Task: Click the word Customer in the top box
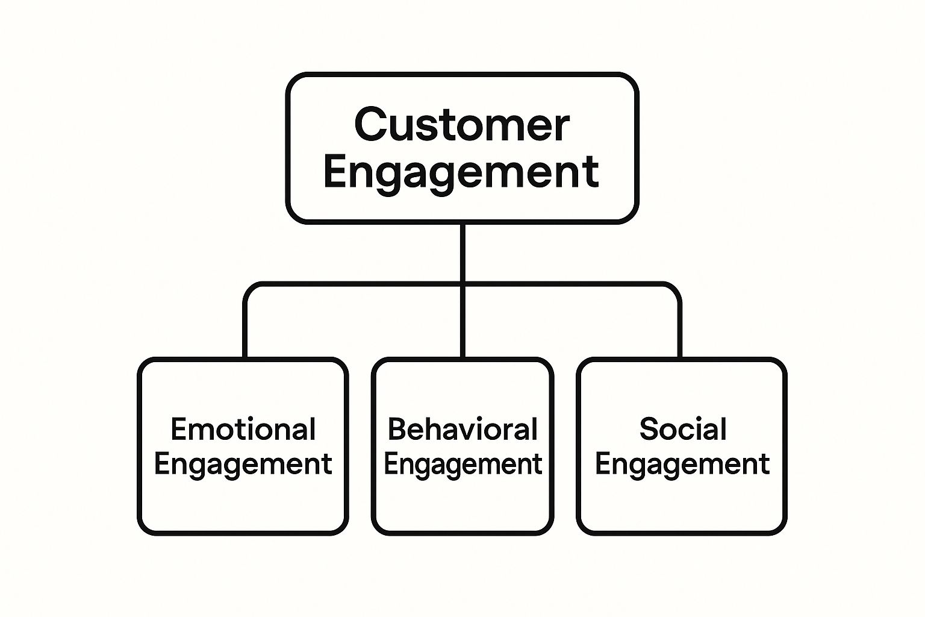(x=462, y=125)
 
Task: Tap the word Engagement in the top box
(x=462, y=172)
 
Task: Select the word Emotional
(x=243, y=430)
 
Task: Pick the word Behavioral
(x=462, y=430)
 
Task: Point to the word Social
(x=682, y=430)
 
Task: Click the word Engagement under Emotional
(x=243, y=465)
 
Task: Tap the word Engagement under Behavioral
(x=462, y=465)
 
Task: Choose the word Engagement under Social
(x=682, y=465)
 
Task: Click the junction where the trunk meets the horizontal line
(x=462, y=284)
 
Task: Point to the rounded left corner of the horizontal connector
(x=249, y=289)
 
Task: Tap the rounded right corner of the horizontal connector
(x=674, y=289)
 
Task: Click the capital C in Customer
(x=370, y=125)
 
